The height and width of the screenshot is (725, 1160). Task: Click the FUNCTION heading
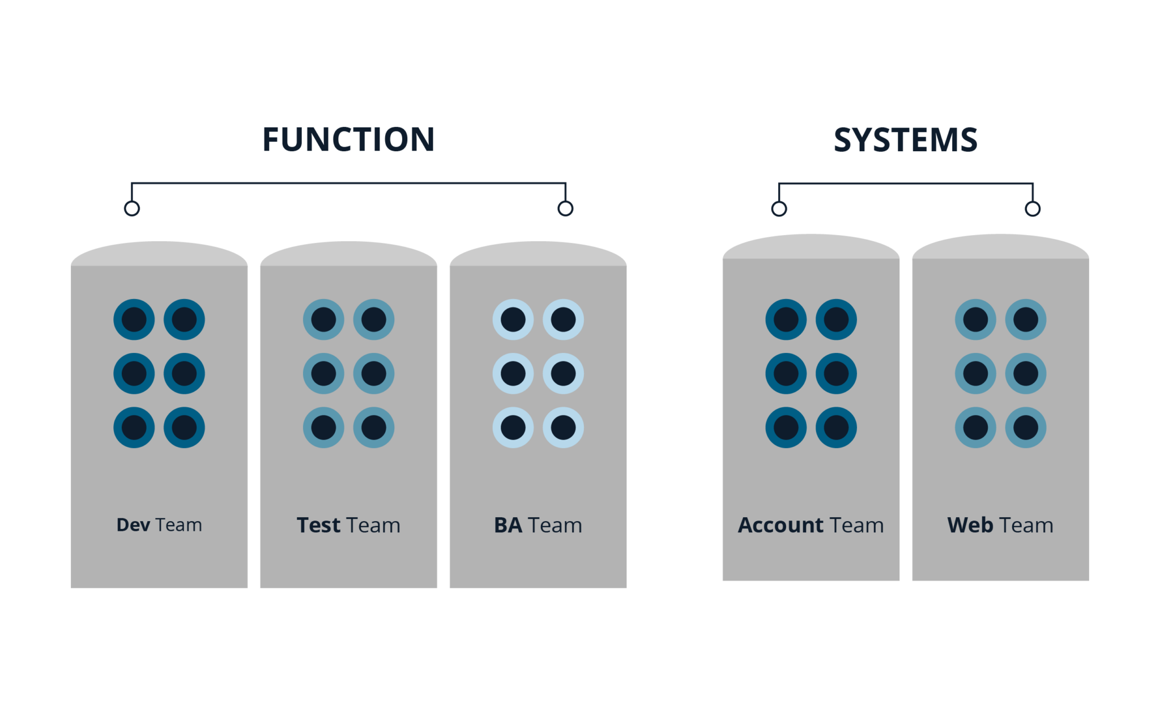[348, 140]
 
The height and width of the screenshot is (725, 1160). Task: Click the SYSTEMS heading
[905, 140]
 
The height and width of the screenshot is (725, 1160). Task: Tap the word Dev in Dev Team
[133, 525]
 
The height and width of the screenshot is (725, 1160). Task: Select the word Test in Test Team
[319, 525]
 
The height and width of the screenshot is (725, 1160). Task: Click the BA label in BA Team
[508, 525]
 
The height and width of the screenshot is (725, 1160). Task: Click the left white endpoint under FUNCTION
[132, 209]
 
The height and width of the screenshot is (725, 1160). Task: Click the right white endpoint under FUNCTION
[565, 209]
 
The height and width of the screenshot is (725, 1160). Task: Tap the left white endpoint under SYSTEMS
[779, 210]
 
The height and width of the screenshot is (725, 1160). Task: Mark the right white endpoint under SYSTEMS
[1033, 210]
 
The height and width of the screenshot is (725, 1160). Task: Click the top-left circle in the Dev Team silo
[134, 319]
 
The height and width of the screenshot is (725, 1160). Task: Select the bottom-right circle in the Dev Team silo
[184, 428]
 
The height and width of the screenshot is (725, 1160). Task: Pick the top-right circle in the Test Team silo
[374, 319]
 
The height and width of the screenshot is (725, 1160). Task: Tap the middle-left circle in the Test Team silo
[323, 374]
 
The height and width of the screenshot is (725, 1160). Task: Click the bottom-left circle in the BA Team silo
[513, 428]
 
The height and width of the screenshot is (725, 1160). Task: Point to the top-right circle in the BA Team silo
[563, 319]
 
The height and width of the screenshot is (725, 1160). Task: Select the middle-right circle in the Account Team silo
[836, 374]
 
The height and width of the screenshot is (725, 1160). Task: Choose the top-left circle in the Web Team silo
[975, 319]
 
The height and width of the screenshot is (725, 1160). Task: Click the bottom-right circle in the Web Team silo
[1026, 428]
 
